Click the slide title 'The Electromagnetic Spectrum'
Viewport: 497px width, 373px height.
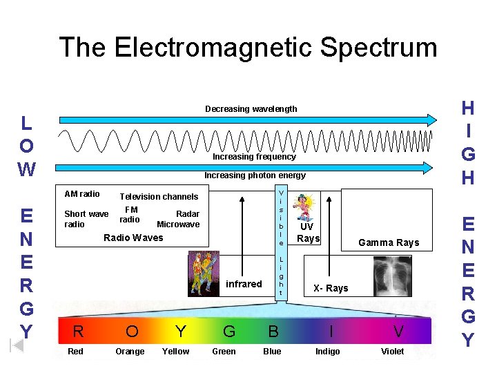(248, 48)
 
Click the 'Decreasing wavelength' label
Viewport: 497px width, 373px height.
(251, 109)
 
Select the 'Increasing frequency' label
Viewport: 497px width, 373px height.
(254, 157)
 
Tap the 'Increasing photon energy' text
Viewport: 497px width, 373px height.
(255, 175)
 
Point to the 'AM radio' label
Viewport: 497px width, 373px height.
(81, 194)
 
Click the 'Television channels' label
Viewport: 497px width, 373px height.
(159, 197)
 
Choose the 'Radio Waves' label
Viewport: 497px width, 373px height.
(133, 238)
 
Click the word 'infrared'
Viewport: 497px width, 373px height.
(244, 284)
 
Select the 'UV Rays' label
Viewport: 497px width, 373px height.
(308, 233)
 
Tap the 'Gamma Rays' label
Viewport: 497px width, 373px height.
(389, 242)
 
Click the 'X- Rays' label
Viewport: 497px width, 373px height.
(331, 288)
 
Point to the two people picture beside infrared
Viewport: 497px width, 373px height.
(203, 272)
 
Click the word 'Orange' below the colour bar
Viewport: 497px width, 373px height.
(130, 352)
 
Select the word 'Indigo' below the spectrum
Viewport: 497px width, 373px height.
(327, 352)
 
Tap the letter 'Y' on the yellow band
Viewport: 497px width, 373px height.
(181, 332)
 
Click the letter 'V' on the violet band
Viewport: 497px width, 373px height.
(398, 332)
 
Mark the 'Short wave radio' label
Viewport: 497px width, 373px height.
(86, 219)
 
